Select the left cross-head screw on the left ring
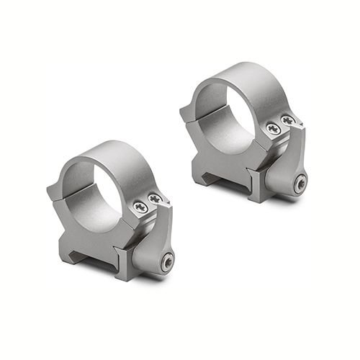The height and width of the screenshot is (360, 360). (140, 207)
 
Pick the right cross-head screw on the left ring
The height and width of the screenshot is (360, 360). (155, 198)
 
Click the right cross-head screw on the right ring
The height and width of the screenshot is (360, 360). (288, 120)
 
